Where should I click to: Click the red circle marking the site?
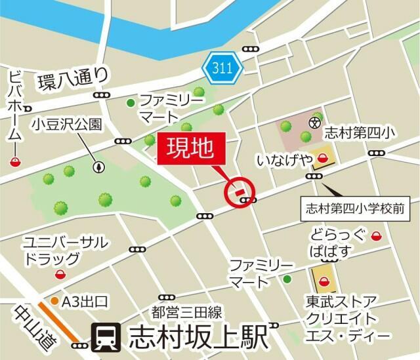pyautogui.click(x=240, y=193)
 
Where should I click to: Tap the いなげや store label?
pyautogui.click(x=283, y=159)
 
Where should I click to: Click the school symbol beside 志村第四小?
pyautogui.click(x=314, y=121)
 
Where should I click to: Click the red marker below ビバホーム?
pyautogui.click(x=14, y=162)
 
